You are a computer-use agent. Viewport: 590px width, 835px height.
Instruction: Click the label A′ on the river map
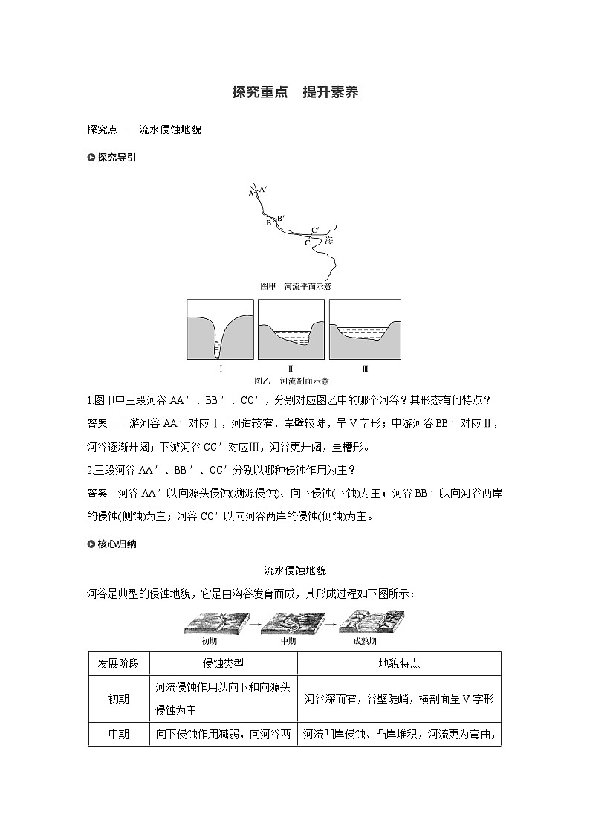[x=263, y=190]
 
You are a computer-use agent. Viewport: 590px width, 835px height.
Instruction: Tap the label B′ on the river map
[x=281, y=218]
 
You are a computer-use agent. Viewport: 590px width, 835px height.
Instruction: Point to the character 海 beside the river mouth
[x=329, y=241]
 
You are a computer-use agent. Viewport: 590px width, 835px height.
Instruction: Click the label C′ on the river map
[x=316, y=229]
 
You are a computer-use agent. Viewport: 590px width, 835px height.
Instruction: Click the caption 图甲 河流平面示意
[x=295, y=286]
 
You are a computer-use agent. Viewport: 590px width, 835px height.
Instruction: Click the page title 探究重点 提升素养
[x=295, y=93]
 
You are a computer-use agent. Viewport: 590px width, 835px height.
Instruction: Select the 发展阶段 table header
[x=119, y=663]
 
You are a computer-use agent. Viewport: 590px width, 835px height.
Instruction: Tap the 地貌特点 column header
[x=399, y=663]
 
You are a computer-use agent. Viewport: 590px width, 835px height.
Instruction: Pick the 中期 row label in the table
[x=119, y=734]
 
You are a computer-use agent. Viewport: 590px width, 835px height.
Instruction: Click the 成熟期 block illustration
[x=372, y=622]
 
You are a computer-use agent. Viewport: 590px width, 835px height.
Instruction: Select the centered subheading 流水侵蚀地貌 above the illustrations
[x=295, y=570]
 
